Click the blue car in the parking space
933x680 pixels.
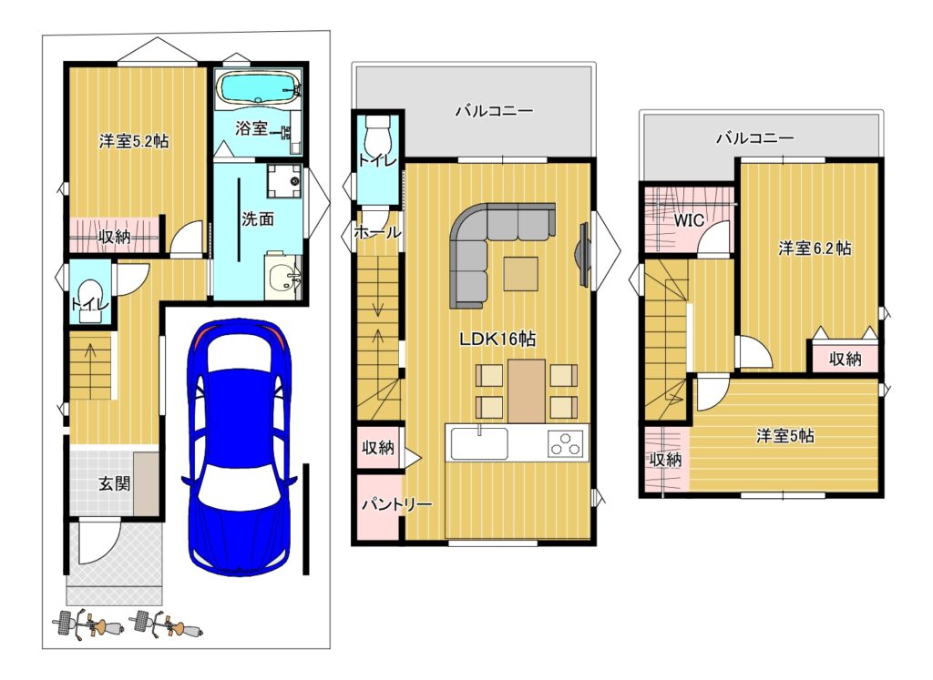(x=239, y=447)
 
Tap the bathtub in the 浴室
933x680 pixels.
(x=257, y=89)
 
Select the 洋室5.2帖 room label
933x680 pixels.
(x=134, y=141)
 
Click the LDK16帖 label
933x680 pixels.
(x=497, y=339)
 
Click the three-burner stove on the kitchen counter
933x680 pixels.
(x=565, y=443)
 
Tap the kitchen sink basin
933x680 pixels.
(x=479, y=443)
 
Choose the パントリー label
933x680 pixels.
(x=396, y=504)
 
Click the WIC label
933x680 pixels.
(x=689, y=220)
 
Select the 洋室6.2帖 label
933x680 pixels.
(x=814, y=248)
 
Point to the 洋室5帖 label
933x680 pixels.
(x=784, y=436)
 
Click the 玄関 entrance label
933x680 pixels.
(x=114, y=483)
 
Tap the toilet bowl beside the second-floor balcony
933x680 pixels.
(x=376, y=136)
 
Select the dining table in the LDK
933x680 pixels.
(x=527, y=391)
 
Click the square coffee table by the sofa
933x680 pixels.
(x=520, y=273)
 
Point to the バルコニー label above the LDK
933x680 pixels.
(x=494, y=110)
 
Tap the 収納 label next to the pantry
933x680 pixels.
(x=378, y=447)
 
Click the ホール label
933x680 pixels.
(x=377, y=232)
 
